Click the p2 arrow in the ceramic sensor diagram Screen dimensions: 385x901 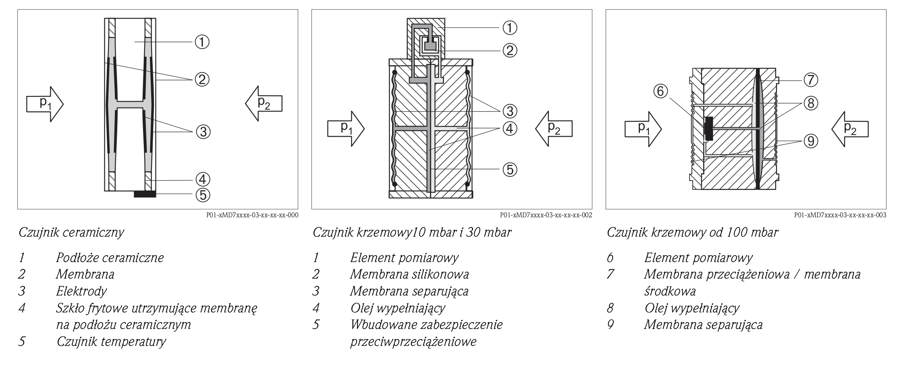click(x=264, y=104)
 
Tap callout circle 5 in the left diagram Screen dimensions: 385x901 click(x=203, y=195)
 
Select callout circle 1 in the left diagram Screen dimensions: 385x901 click(x=202, y=42)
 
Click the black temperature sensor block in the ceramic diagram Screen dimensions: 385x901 click(x=145, y=194)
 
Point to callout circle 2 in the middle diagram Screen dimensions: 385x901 click(x=510, y=50)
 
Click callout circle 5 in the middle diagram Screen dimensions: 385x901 click(x=510, y=169)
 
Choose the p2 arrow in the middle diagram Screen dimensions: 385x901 click(x=554, y=129)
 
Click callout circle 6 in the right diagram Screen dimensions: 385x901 click(x=660, y=92)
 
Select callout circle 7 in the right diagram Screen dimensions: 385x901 click(x=811, y=80)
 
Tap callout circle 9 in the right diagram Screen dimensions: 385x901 click(x=811, y=141)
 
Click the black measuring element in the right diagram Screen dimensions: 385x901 click(x=708, y=129)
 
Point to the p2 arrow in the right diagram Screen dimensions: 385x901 click(x=850, y=129)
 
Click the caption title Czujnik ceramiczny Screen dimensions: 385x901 click(x=71, y=233)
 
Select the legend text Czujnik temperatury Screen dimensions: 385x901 click(x=111, y=341)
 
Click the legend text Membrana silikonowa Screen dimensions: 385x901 click(x=409, y=274)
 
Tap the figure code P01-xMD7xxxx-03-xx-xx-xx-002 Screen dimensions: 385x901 click(x=546, y=215)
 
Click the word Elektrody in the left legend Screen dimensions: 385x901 click(x=81, y=291)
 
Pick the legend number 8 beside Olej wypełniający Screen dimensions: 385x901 click(x=610, y=308)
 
